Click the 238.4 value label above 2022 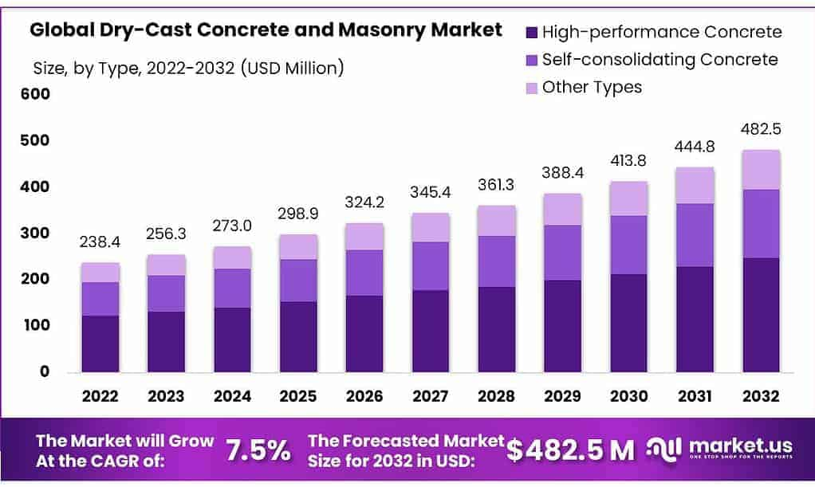pos(100,242)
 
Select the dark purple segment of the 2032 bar pos(761,315)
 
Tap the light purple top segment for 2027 pos(431,228)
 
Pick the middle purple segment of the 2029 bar pos(563,253)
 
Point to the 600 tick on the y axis pos(35,93)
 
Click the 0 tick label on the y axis pos(45,371)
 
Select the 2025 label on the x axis pos(298,396)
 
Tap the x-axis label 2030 pos(629,396)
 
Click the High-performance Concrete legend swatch pos(531,33)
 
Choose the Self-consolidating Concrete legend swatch pos(531,61)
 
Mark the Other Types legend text pos(592,87)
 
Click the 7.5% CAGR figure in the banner pos(258,450)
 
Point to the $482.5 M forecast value pos(570,450)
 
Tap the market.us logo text pos(741,446)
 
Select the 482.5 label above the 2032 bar pos(761,129)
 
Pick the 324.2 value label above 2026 pos(365,202)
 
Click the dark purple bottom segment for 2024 pos(232,340)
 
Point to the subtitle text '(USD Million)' pos(292,68)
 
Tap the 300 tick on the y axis pos(35,233)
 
